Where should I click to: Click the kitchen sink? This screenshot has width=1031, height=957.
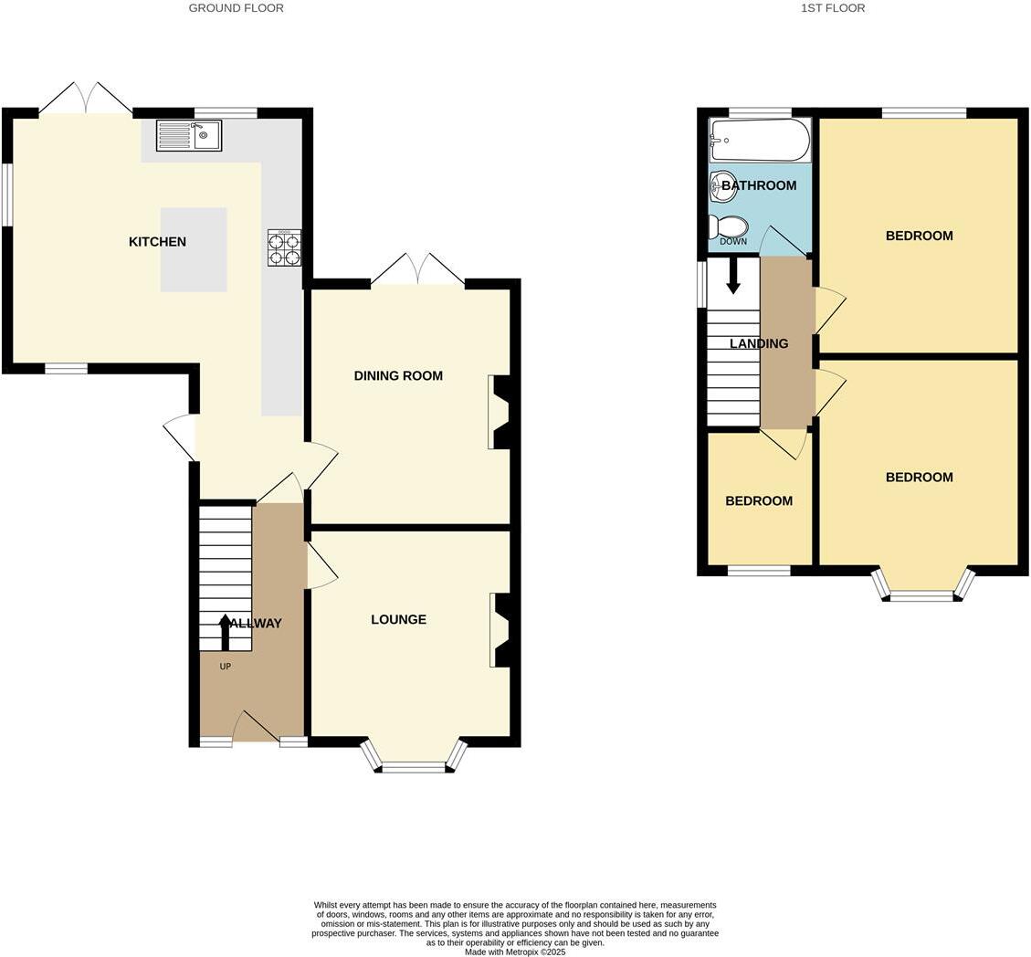[x=189, y=136]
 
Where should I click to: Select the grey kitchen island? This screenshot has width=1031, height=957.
[x=194, y=249]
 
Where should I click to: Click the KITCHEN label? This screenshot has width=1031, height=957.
[x=157, y=242]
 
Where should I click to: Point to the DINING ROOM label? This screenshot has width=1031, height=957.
[x=398, y=375]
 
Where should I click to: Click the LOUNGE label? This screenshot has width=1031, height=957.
[x=398, y=619]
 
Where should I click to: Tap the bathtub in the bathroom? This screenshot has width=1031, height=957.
[x=760, y=141]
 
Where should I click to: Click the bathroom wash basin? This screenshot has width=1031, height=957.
[x=722, y=186]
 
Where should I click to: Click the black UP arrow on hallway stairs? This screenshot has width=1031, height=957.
[x=225, y=631]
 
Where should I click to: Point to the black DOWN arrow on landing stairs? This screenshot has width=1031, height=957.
[x=733, y=276]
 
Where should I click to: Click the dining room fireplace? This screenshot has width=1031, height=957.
[x=500, y=412]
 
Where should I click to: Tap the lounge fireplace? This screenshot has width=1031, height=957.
[x=500, y=630]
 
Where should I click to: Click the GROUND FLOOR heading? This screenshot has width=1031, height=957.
[x=236, y=8]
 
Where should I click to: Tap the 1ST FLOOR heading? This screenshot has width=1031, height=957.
[x=833, y=8]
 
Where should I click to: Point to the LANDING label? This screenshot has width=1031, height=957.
[x=759, y=343]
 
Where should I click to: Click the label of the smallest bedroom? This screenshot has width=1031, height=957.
[x=759, y=500]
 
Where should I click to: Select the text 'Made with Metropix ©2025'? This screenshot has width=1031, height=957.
[x=515, y=952]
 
